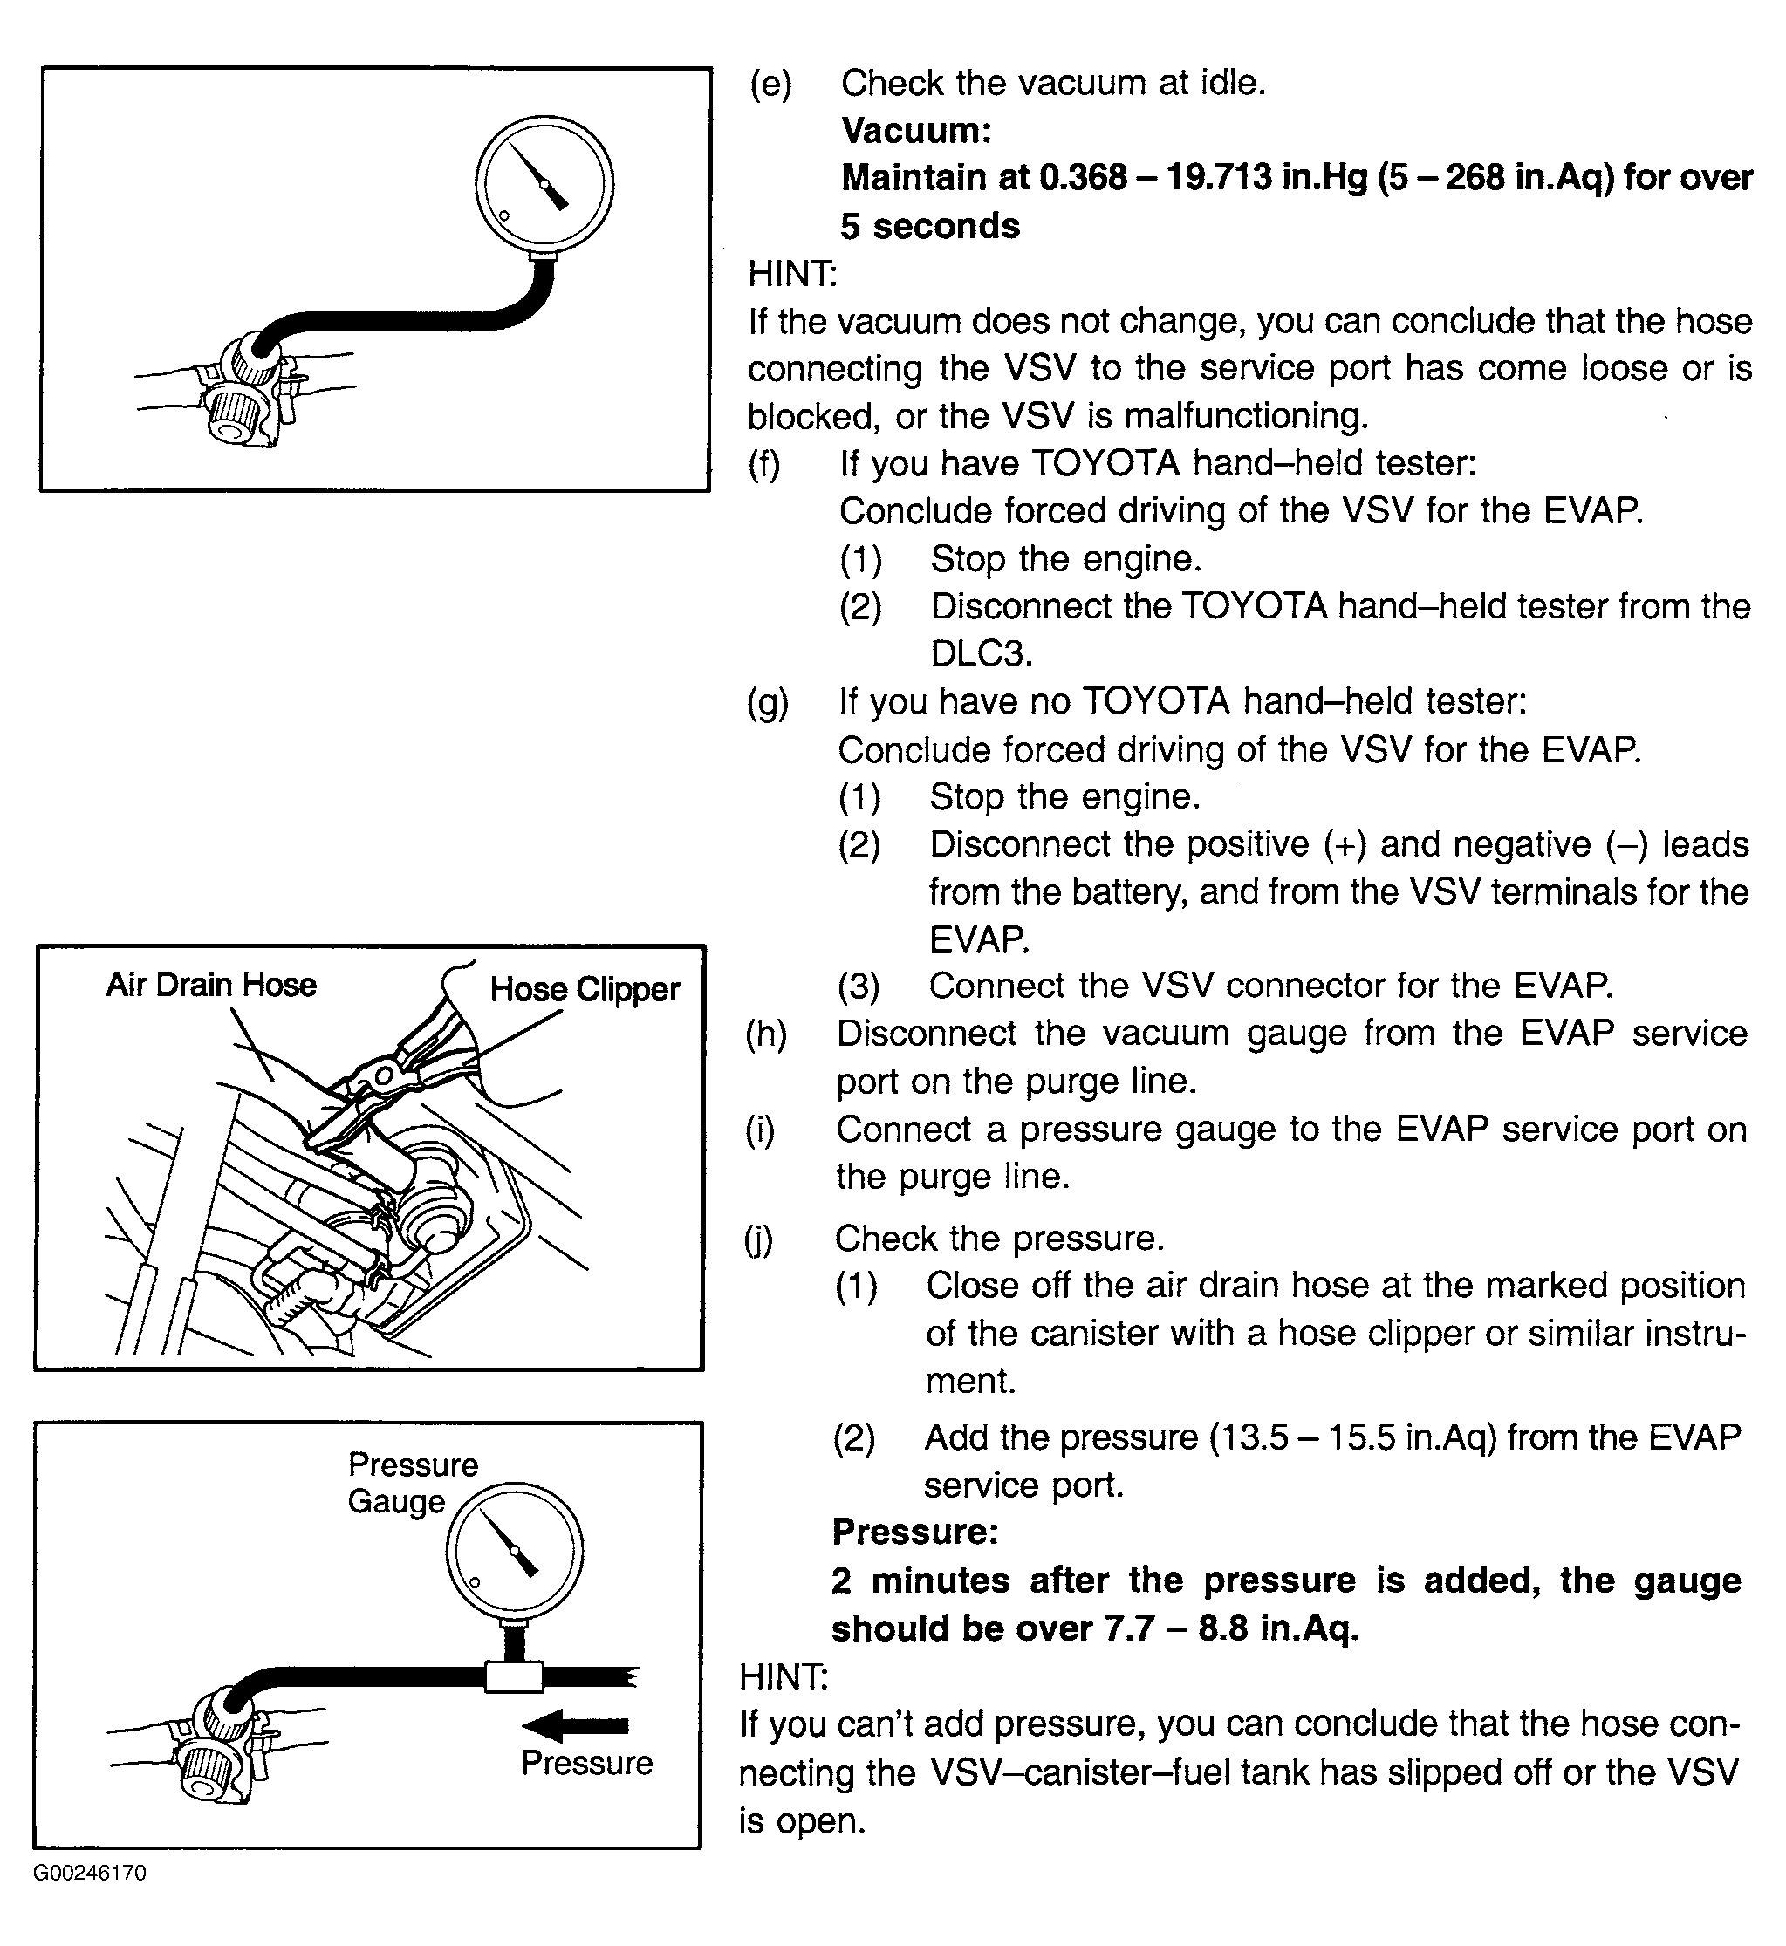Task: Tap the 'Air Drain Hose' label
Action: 210,985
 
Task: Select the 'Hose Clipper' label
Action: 585,989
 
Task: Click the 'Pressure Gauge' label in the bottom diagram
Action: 413,1483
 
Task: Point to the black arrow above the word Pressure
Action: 575,1724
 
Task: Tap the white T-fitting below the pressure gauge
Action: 514,1676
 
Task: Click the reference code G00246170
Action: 90,1873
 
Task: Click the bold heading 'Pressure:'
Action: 914,1532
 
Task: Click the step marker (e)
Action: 770,84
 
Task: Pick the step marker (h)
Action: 765,1034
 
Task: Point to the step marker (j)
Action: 759,1239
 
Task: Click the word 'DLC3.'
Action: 981,654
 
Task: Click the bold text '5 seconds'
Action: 930,226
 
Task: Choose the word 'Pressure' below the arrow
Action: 586,1764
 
